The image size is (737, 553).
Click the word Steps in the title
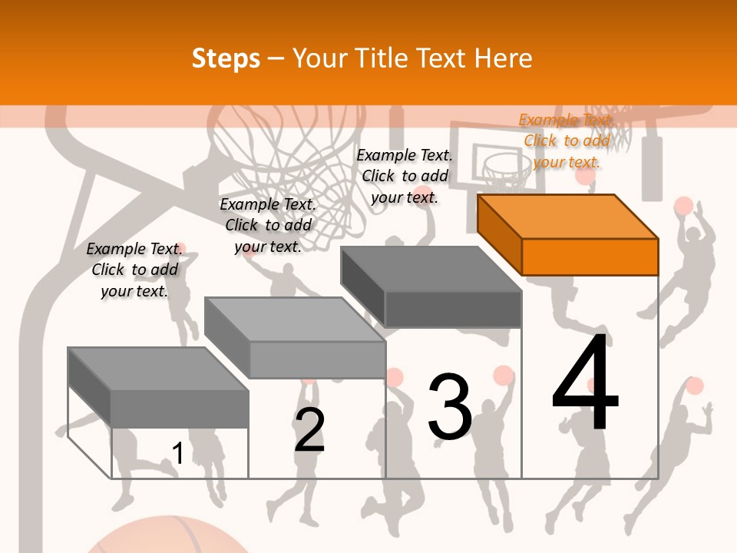[226, 58]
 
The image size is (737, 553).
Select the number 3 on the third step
[450, 407]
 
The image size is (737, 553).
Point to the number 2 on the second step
[309, 430]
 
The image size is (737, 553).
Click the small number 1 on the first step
[177, 454]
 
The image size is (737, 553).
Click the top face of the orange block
[568, 216]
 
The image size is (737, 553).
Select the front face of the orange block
[590, 257]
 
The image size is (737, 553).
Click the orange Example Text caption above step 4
[566, 141]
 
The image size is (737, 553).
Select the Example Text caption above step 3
[405, 176]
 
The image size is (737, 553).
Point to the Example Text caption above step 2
[268, 225]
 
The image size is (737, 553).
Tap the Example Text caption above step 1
[134, 270]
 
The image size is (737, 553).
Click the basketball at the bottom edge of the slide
[169, 538]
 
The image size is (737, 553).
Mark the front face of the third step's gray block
[453, 310]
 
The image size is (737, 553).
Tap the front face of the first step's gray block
[179, 409]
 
